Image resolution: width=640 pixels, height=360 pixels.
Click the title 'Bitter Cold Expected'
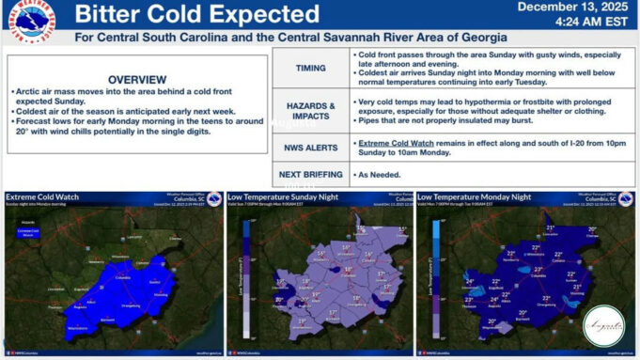pos(196,15)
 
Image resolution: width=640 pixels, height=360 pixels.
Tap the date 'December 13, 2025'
pos(572,7)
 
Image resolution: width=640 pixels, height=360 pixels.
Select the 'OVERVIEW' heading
pos(137,79)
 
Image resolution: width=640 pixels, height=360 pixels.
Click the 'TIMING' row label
pos(310,69)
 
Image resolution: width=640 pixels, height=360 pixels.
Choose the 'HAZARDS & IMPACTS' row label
pos(310,111)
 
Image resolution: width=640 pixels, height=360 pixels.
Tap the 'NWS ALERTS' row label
pos(310,148)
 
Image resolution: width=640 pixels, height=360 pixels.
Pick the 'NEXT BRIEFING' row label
pos(310,175)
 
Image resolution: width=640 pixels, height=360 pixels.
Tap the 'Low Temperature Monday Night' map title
pos(476,197)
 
